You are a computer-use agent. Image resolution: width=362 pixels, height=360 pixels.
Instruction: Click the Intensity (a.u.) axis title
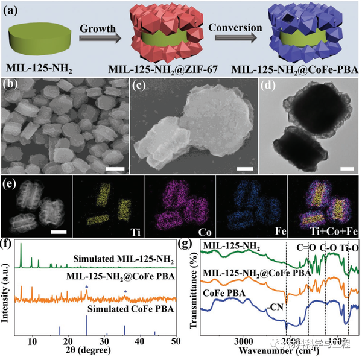tap(7, 288)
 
